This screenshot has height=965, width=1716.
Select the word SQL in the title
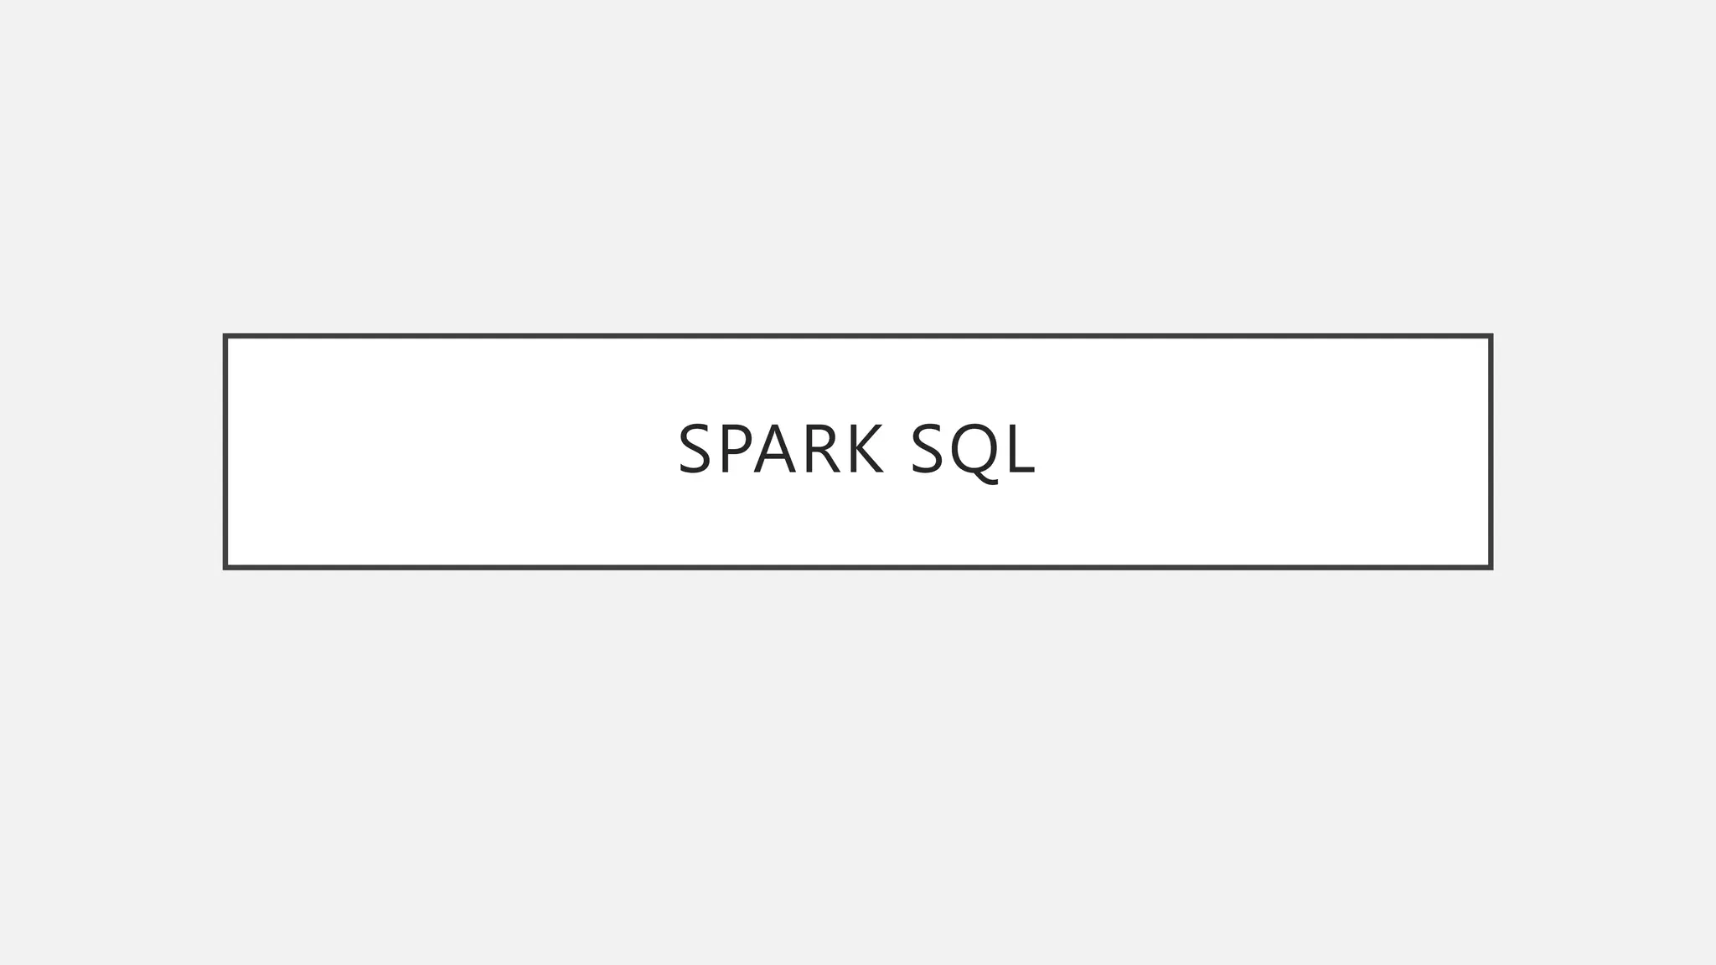pos(973,450)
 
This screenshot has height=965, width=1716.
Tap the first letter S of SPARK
pos(695,450)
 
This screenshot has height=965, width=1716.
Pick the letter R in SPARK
pos(821,450)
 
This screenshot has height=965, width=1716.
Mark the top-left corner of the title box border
pos(225,337)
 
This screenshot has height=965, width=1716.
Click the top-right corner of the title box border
pos(1491,337)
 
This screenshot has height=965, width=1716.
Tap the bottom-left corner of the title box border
pos(225,567)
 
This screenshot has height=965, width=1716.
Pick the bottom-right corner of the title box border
pos(1491,567)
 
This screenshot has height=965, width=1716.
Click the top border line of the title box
pos(858,337)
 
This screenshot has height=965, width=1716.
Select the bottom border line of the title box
pos(858,567)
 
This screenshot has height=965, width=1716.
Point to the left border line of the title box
pos(225,452)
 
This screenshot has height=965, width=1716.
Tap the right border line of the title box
pos(1491,452)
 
